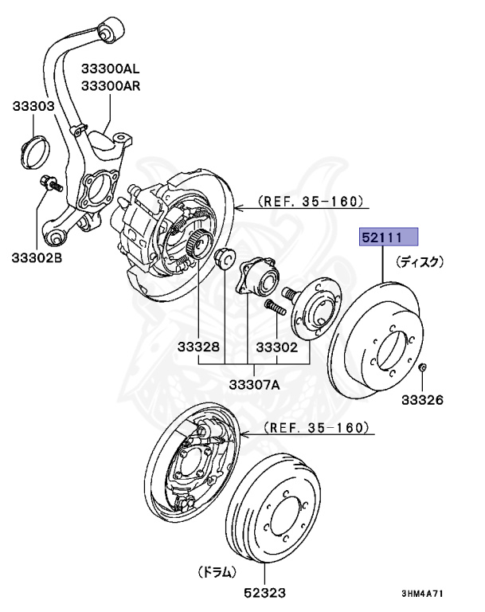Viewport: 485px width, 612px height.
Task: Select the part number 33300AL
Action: [110, 70]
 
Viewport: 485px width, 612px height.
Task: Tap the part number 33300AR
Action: [110, 86]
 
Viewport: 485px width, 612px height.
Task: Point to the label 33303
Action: [33, 106]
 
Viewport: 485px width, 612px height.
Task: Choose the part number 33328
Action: [198, 347]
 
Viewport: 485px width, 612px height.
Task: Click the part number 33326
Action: [422, 399]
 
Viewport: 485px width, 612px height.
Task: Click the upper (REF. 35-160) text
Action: [310, 201]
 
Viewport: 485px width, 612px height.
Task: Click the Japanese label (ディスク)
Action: [420, 261]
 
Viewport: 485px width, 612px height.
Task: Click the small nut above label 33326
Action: [423, 367]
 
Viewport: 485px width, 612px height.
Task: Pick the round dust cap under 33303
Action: [33, 152]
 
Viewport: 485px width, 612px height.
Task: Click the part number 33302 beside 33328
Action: [276, 347]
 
